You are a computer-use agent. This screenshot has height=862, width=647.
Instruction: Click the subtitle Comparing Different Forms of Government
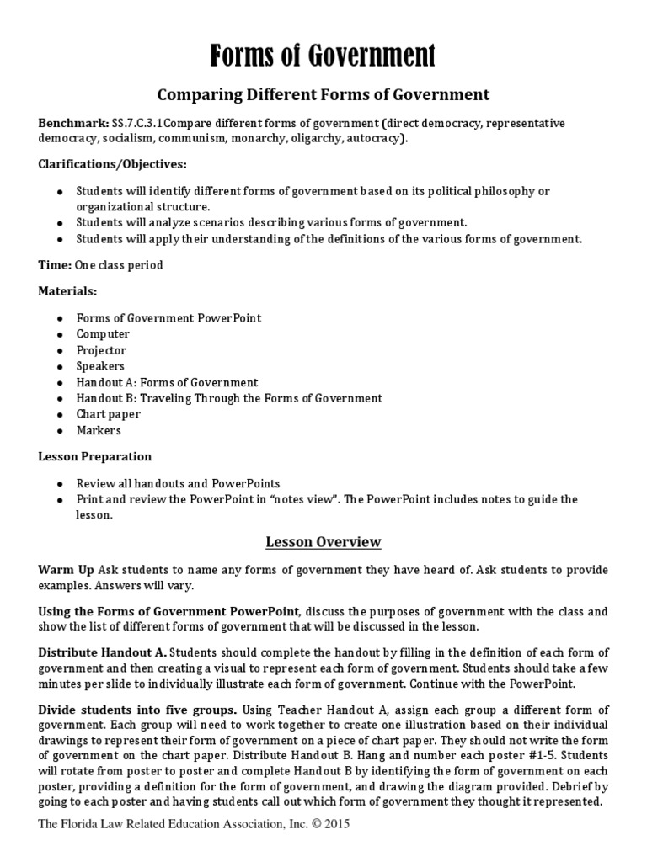[x=323, y=94]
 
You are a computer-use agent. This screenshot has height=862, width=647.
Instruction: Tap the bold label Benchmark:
[x=73, y=123]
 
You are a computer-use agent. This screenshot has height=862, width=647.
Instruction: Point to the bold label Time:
[x=56, y=265]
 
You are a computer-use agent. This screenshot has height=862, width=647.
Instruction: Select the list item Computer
[x=103, y=334]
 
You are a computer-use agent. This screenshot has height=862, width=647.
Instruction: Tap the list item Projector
[x=101, y=350]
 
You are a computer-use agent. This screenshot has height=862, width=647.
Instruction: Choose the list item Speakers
[x=100, y=366]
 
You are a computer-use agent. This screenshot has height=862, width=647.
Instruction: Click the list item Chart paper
[x=109, y=414]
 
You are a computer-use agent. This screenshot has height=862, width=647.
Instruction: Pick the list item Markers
[x=99, y=430]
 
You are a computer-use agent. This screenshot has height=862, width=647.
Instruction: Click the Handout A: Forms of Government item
[x=167, y=382]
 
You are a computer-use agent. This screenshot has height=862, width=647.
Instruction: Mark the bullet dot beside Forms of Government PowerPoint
[x=60, y=318]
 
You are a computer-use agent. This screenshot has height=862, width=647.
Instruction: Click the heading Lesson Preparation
[x=95, y=456]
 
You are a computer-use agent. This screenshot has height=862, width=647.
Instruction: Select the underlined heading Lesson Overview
[x=323, y=541]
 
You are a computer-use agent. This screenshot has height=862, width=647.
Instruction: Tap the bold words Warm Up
[x=66, y=571]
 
